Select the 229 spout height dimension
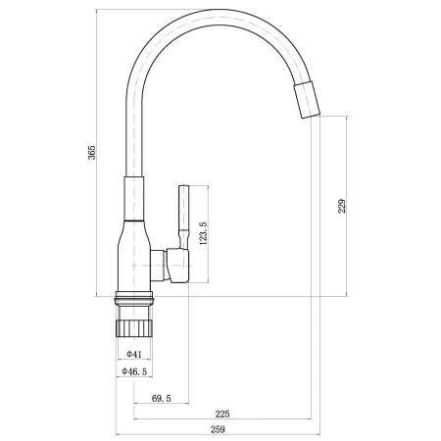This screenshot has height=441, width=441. (341, 206)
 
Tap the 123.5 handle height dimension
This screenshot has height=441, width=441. (203, 237)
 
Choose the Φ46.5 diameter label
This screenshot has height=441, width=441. (134, 372)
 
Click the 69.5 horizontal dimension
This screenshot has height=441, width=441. (162, 399)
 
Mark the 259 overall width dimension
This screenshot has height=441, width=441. (219, 429)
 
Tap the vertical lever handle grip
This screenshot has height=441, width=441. (182, 211)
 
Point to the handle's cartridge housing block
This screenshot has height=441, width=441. (173, 264)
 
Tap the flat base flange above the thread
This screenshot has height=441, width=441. (134, 298)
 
